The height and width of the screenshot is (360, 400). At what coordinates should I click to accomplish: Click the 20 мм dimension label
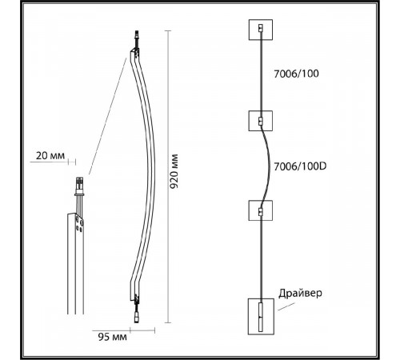tap(50, 155)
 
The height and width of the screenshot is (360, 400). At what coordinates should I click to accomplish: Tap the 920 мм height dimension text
tap(174, 171)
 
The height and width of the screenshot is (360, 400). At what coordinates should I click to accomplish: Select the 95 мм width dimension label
tap(112, 337)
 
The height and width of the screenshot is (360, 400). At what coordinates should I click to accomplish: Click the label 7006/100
tap(296, 74)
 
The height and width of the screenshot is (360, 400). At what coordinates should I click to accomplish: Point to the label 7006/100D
tap(300, 166)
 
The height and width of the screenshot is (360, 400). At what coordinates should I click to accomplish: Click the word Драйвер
tap(300, 293)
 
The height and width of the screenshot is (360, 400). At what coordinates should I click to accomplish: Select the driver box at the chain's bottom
tap(261, 317)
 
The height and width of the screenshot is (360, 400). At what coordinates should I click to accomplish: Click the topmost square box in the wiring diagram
tap(261, 30)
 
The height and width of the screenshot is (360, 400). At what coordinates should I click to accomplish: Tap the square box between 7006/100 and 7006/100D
tap(261, 121)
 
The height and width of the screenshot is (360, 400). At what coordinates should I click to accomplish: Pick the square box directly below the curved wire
tap(261, 210)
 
